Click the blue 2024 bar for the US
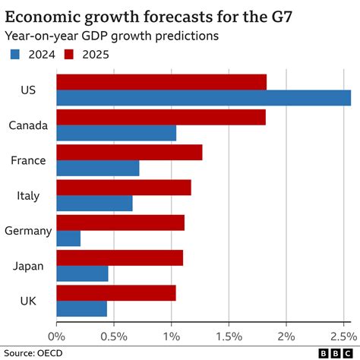[204, 98]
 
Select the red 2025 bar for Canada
[161, 117]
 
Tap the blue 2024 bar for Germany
[68, 238]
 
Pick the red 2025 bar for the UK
[116, 292]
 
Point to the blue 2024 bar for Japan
[82, 273]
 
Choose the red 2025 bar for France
[129, 152]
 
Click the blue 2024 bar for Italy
[94, 204]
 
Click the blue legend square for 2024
[14, 54]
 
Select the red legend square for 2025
[70, 54]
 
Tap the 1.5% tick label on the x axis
[229, 335]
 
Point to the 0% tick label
[56, 335]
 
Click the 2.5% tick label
[343, 335]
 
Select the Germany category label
[27, 231]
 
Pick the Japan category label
[29, 266]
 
